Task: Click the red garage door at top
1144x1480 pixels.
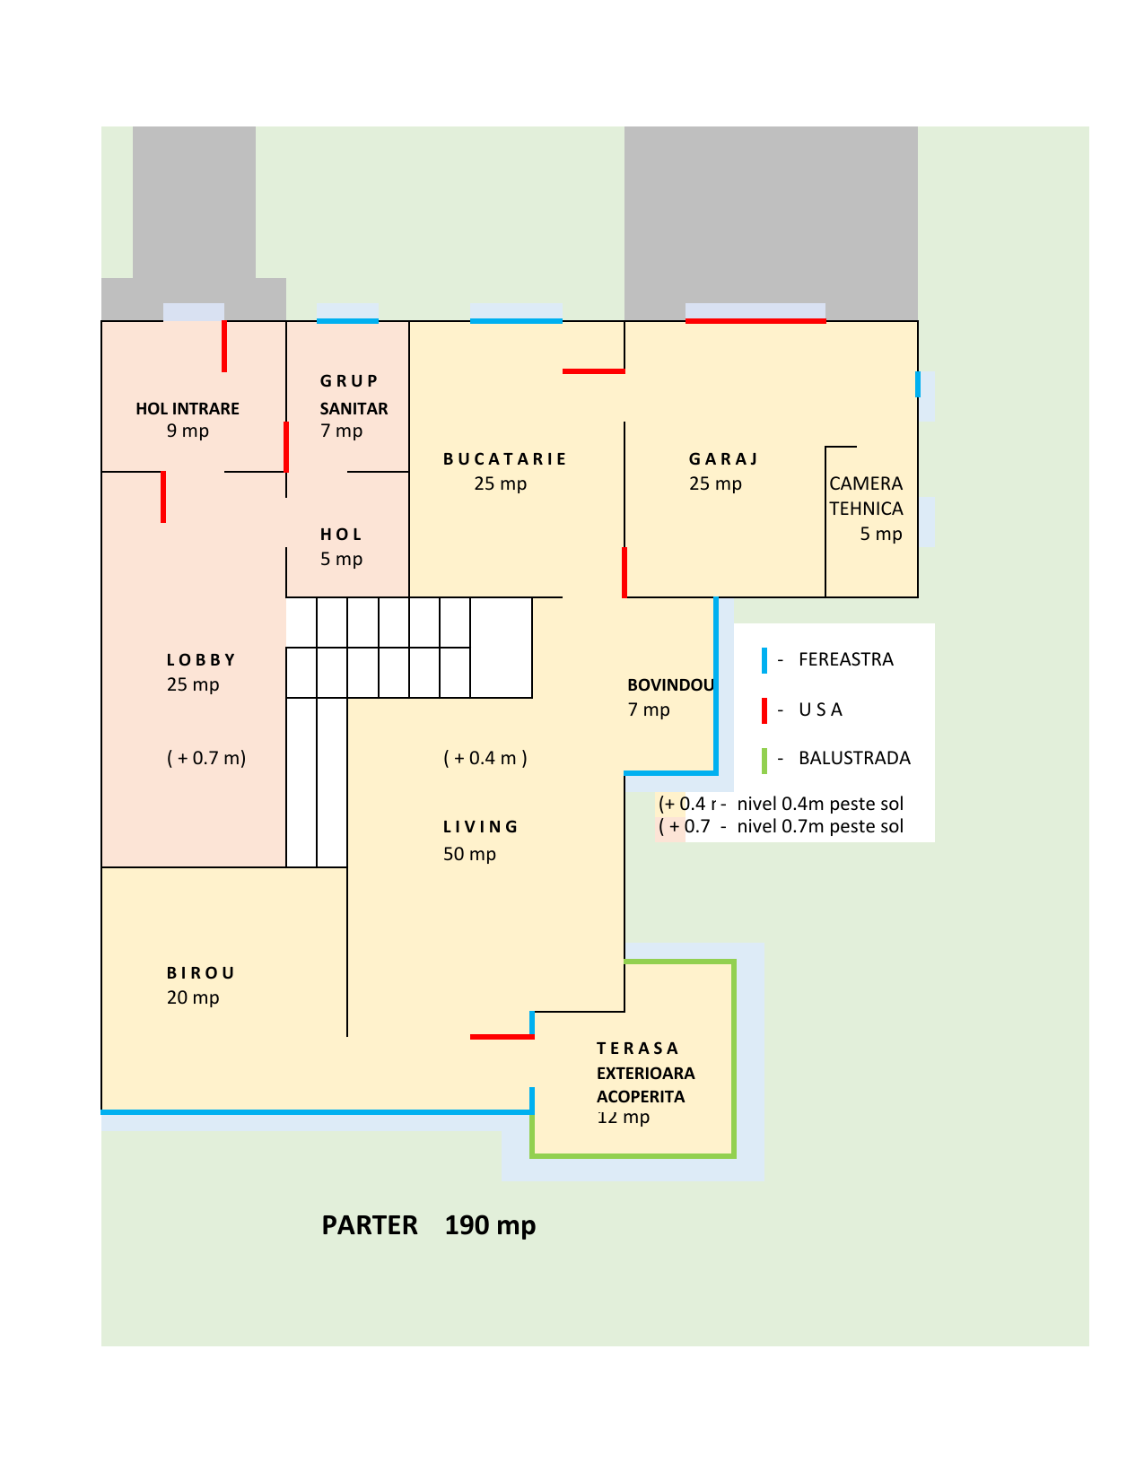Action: [755, 320]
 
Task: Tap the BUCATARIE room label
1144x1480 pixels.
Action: [505, 459]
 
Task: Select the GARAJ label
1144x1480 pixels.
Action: [723, 459]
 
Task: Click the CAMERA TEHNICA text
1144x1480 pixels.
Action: [866, 496]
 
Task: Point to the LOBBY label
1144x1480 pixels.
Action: [201, 660]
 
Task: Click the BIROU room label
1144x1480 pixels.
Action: [201, 973]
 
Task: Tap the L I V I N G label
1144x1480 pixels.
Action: [481, 827]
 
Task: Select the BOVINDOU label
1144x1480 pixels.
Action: [670, 685]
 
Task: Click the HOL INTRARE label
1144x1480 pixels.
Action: [188, 409]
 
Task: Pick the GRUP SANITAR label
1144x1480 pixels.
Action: [353, 395]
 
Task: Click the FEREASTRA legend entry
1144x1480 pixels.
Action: [845, 660]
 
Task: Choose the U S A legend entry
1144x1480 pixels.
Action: [820, 710]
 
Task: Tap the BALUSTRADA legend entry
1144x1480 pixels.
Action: [853, 759]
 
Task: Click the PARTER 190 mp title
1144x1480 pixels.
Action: [429, 1225]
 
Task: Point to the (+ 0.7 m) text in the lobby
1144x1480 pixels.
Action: [206, 758]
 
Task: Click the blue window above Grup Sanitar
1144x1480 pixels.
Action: [347, 320]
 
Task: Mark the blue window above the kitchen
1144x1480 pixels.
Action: [516, 320]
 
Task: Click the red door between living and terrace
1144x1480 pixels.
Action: [502, 1037]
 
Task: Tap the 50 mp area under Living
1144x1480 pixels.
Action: [469, 854]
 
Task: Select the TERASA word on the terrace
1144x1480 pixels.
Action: [637, 1049]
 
